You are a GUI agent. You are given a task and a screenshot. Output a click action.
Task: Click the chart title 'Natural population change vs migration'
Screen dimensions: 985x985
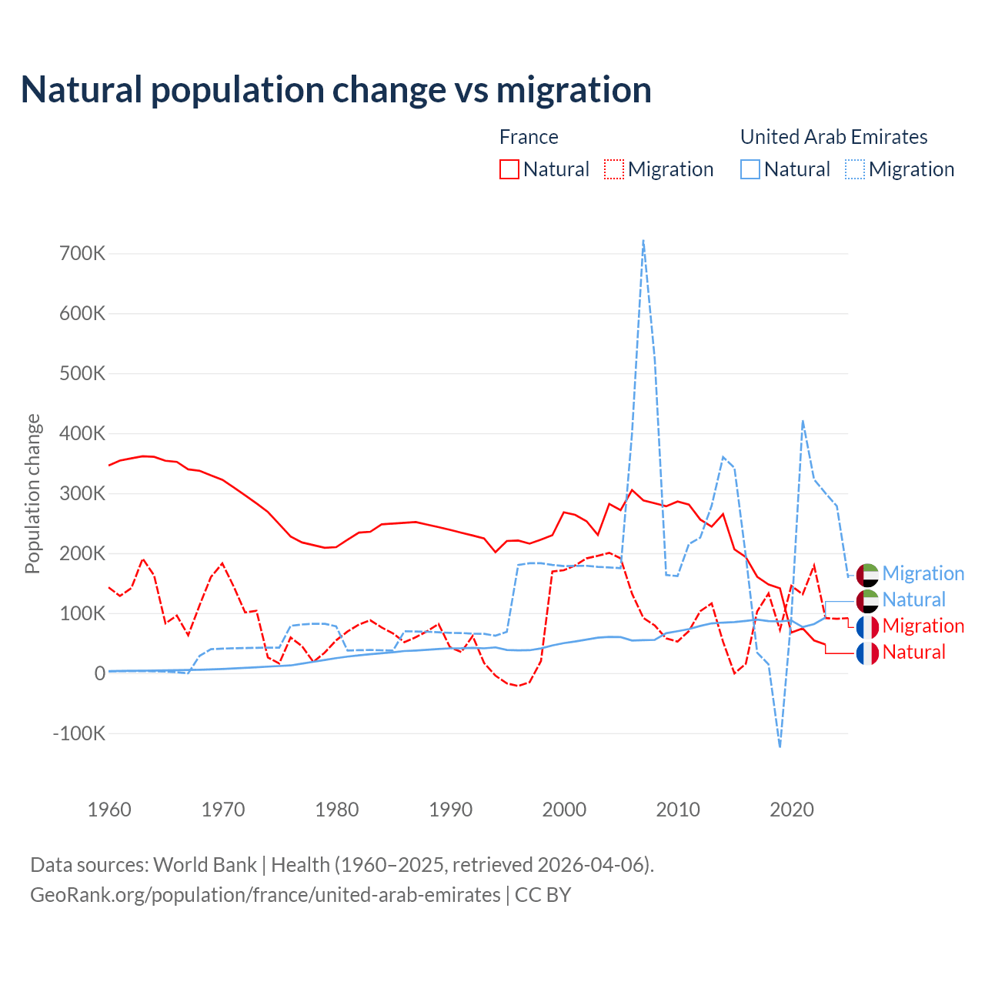pos(336,89)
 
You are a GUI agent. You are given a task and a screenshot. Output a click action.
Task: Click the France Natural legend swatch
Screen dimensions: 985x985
pos(509,169)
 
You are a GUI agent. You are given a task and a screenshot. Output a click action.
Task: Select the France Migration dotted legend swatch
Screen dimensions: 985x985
pos(614,169)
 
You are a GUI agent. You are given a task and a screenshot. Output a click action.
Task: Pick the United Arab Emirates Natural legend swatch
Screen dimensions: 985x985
pos(750,169)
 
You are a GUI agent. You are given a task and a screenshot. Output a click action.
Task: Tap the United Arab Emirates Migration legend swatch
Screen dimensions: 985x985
pos(855,169)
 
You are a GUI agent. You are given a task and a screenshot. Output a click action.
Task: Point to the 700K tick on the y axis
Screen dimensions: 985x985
pos(82,253)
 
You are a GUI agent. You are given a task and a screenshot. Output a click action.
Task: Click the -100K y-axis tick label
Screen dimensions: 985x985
pos(79,733)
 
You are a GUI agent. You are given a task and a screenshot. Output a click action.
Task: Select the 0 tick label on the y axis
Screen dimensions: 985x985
pos(100,673)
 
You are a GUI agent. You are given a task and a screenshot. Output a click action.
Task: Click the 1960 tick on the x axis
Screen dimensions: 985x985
pos(109,810)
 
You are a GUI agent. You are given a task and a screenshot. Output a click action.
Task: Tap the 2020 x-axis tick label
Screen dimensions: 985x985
pos(792,810)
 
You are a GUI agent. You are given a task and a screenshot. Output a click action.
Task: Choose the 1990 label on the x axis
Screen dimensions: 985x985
pos(451,810)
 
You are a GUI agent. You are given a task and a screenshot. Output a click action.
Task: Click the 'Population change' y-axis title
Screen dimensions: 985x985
pos(32,493)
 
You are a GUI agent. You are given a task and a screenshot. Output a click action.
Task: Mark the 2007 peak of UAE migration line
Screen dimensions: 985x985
pos(643,241)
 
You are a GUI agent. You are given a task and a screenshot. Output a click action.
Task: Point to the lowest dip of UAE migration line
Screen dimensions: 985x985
pos(780,746)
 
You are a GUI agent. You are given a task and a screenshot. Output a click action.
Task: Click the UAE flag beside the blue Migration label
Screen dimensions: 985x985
pos(867,574)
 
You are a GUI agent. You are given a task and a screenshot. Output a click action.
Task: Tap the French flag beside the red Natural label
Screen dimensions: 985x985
pos(867,653)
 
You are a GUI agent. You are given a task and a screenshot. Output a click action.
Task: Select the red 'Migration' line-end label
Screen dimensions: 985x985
pos(923,626)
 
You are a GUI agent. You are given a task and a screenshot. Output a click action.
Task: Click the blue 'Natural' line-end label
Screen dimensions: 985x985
pos(914,599)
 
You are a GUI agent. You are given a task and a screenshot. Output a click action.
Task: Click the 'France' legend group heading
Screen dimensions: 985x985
pos(529,137)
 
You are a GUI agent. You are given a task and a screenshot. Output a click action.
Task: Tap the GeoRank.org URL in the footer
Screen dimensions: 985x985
pos(265,895)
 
